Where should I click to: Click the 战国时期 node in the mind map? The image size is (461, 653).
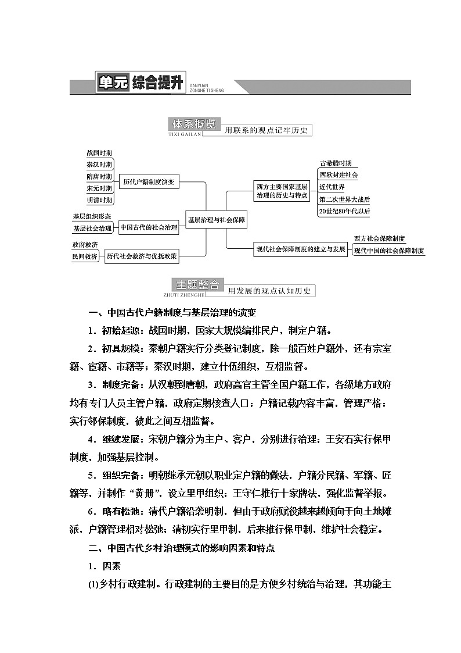[x=99, y=153]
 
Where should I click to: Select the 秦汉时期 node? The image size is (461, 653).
[x=99, y=165]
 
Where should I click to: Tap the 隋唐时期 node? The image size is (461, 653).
[x=99, y=177]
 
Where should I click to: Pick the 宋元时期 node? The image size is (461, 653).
[x=99, y=188]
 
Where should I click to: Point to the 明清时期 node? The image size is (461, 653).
[x=99, y=200]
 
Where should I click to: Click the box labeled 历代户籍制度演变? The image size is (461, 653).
[x=148, y=182]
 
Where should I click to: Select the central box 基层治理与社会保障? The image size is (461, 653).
[x=216, y=220]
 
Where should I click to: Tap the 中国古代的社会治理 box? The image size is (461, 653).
[x=149, y=228]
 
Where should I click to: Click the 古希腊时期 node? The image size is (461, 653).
[x=336, y=163]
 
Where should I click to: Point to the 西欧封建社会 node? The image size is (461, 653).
[x=338, y=175]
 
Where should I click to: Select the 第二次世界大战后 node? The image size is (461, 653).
[x=344, y=199]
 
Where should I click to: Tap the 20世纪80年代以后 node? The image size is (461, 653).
[x=344, y=212]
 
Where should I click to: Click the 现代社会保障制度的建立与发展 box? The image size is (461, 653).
[x=301, y=249]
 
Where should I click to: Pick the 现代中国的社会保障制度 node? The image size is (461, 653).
[x=389, y=251]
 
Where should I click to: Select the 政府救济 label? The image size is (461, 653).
[x=85, y=244]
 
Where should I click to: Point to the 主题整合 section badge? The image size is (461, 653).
[x=197, y=284]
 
